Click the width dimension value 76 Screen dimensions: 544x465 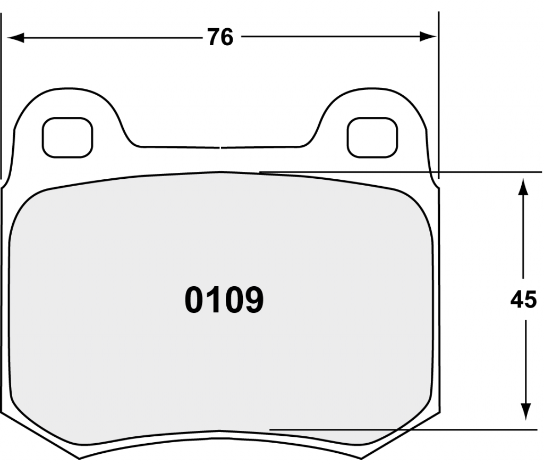[220, 37]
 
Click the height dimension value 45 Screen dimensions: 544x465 [523, 300]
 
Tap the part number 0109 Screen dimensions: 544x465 [224, 300]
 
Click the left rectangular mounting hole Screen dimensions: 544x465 [67, 138]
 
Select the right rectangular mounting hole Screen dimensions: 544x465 [372, 138]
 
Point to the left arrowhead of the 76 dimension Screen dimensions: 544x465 [15, 38]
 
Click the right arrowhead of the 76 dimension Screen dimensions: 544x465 [428, 37]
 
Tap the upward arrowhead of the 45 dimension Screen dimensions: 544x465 [523, 187]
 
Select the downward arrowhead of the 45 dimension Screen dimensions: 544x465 [526, 412]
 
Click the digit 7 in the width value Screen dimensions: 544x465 [214, 37]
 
